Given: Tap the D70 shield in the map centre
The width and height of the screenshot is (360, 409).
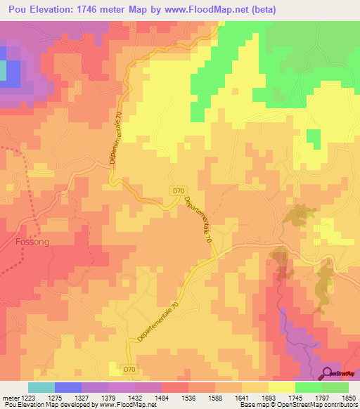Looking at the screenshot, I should tap(179, 190).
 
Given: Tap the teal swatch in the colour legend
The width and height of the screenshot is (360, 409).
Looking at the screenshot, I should tap(41, 387).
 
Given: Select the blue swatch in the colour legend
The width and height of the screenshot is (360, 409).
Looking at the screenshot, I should tap(67, 387).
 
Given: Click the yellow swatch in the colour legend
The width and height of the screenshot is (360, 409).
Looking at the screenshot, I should tap(281, 387).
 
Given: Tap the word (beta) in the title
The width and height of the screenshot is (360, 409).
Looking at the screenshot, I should tap(261, 10).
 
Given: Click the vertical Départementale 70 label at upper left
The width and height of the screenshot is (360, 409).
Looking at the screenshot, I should tap(114, 141).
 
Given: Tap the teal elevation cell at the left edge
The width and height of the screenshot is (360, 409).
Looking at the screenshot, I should tap(3, 70).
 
